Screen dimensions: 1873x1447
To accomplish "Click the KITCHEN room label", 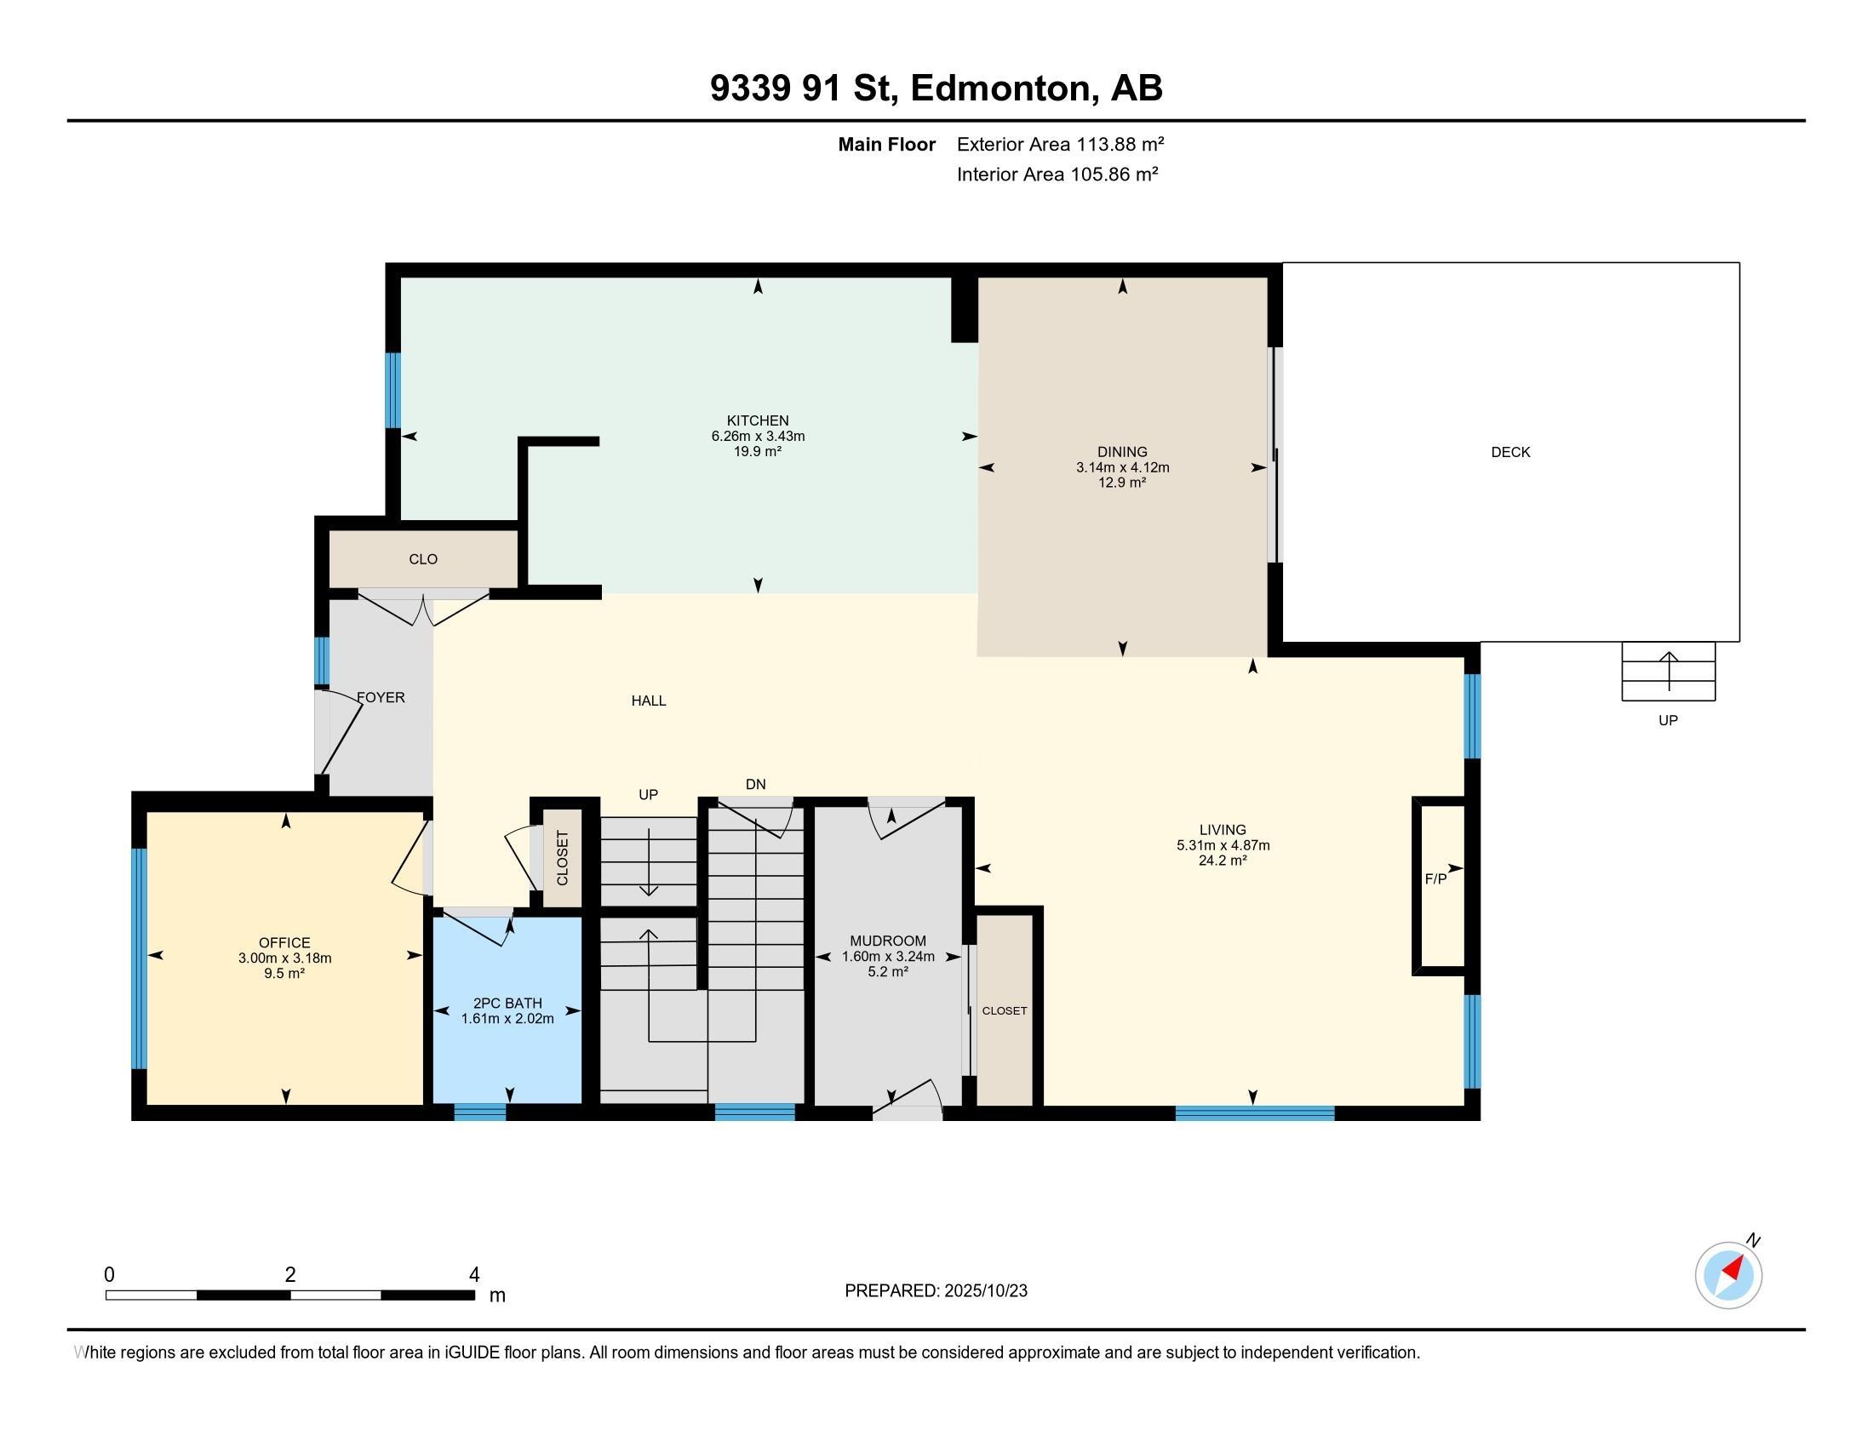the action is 757,420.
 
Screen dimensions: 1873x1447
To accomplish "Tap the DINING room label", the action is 1122,452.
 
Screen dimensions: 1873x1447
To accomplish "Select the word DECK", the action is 1510,452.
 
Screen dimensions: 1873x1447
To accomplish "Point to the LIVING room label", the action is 1222,830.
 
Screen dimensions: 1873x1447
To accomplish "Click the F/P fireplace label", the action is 1435,878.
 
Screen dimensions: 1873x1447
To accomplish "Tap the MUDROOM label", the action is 888,941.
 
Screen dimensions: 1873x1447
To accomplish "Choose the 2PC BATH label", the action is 507,1003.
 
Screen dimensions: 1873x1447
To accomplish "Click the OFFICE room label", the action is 284,943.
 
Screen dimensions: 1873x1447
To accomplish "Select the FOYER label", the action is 381,698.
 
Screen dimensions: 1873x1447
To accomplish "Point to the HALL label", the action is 649,701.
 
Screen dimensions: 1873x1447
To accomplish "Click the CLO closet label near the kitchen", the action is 423,559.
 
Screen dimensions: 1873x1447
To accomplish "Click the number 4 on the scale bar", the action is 473,1275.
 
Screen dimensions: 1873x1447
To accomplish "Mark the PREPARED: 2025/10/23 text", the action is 936,1291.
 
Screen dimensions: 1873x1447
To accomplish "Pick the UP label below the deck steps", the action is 1668,720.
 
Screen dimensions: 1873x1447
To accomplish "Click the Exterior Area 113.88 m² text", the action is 1060,144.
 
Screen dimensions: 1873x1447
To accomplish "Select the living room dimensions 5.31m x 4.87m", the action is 1223,845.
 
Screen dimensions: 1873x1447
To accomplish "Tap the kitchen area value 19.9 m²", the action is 757,451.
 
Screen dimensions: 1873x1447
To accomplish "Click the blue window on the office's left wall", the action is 139,958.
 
